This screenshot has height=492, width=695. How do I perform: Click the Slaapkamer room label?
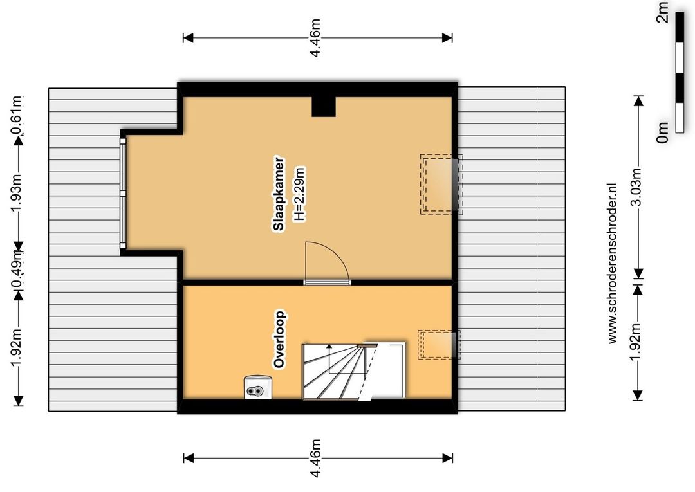tap(279, 194)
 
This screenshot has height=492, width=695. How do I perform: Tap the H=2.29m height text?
tap(300, 194)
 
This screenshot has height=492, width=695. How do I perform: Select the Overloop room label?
tap(279, 340)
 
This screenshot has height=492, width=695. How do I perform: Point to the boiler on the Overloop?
tap(257, 387)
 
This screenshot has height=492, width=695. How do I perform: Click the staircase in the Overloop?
tap(354, 371)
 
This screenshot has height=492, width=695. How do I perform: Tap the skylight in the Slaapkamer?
tap(441, 185)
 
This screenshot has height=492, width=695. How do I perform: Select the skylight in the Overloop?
tap(439, 345)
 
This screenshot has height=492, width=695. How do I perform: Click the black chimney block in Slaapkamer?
tap(324, 106)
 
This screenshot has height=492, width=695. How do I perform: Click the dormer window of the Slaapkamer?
tap(123, 193)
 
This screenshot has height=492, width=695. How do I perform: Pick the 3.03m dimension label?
tap(638, 187)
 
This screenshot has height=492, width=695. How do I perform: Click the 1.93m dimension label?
tap(17, 194)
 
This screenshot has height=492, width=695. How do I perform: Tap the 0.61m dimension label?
tap(17, 115)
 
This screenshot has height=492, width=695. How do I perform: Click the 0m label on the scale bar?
tap(662, 132)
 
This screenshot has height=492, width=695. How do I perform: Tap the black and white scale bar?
tap(680, 72)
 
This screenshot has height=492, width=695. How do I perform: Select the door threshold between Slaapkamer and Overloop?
tap(327, 282)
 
